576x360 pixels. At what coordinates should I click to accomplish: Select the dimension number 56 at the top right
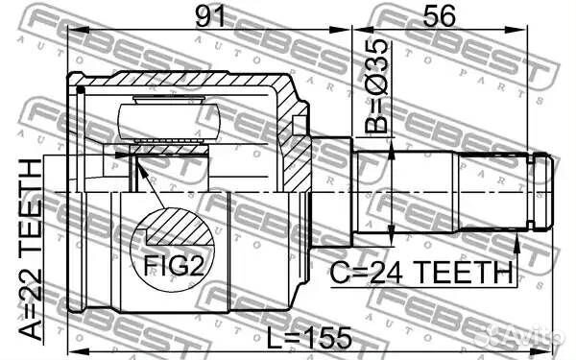tap(443, 17)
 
